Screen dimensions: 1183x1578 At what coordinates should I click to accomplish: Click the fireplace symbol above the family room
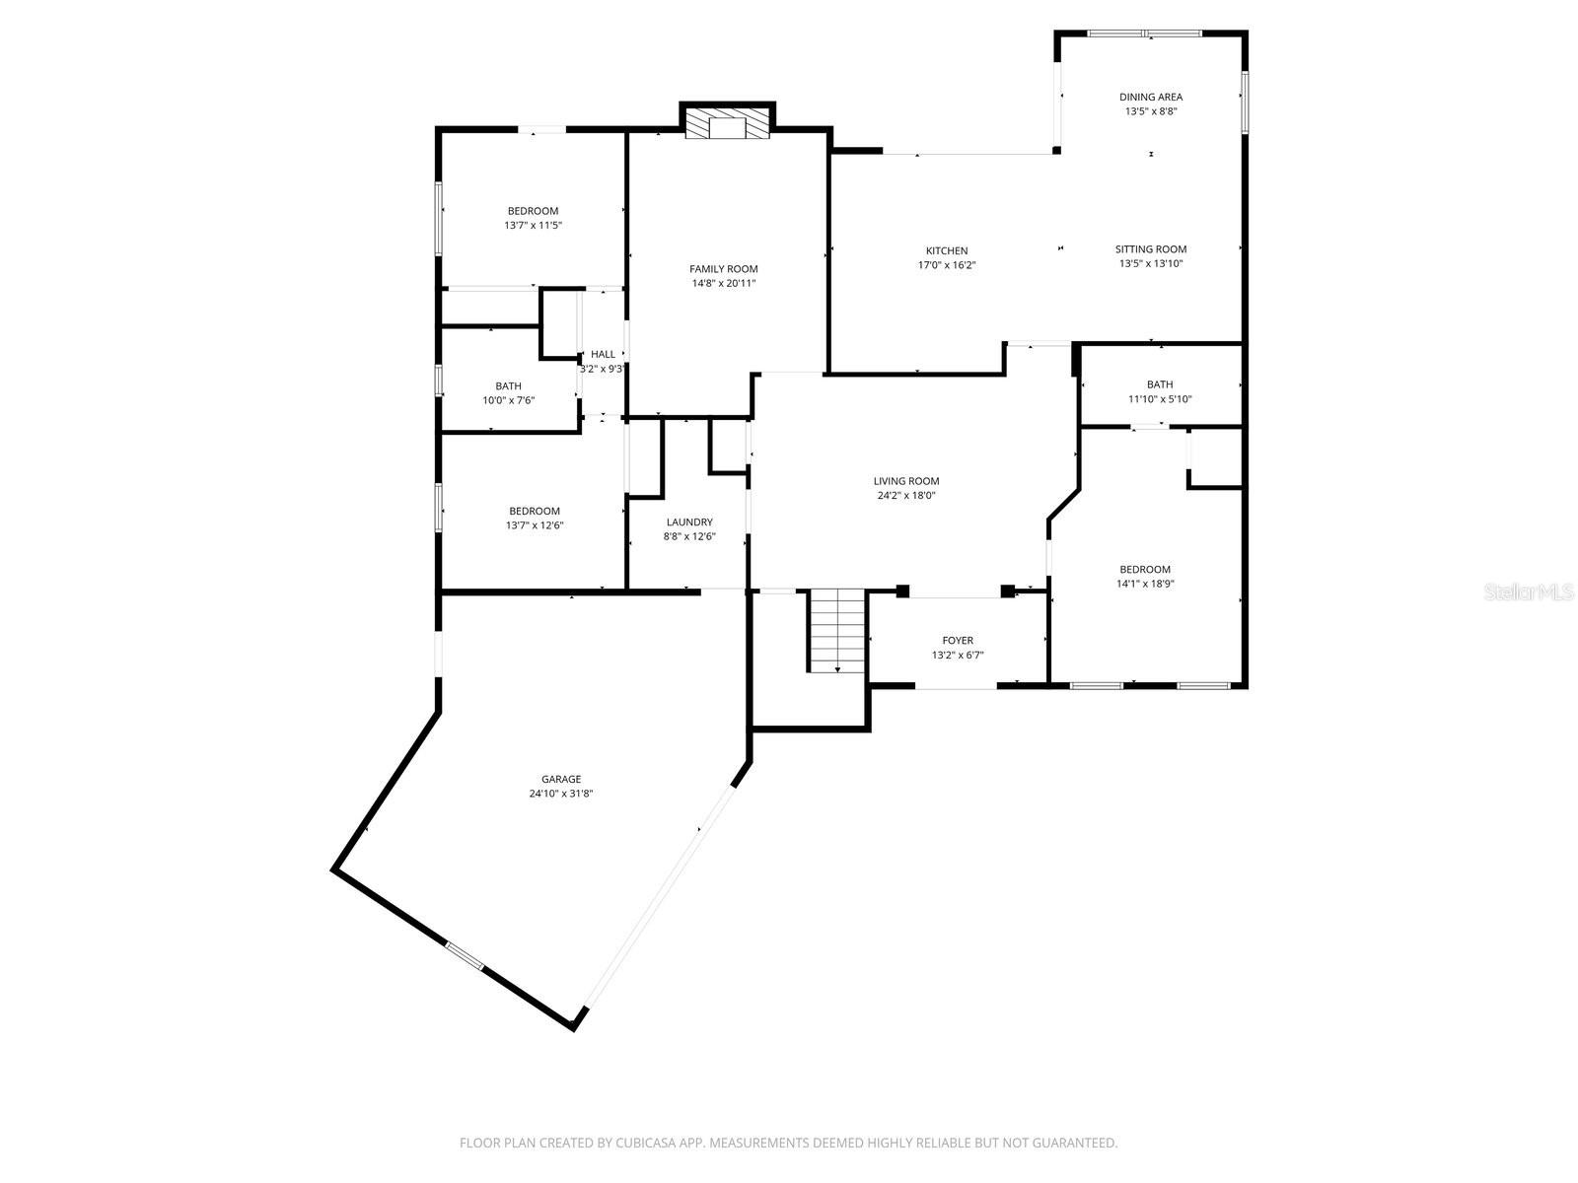[728, 124]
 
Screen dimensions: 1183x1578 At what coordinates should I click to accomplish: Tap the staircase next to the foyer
[837, 631]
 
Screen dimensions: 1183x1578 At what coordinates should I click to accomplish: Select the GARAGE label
[560, 779]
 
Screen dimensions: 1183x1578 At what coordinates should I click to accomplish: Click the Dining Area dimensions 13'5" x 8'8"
[1151, 111]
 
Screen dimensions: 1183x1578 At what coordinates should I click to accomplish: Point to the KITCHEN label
[946, 250]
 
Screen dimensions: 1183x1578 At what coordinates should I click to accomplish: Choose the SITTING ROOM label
[1151, 249]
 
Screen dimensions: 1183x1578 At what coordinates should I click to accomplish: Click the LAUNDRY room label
[688, 522]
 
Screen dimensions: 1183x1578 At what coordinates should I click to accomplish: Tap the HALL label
[603, 354]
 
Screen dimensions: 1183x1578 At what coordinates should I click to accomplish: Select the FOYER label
[957, 641]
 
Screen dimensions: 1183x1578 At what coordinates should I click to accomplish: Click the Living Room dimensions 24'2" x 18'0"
[905, 496]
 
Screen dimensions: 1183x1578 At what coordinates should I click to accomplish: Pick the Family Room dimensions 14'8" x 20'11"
[723, 284]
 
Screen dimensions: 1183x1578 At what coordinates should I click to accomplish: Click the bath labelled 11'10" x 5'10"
[1160, 391]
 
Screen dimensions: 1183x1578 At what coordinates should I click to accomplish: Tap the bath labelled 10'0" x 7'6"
[508, 393]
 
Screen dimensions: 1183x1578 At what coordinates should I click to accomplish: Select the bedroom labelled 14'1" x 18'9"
[1144, 576]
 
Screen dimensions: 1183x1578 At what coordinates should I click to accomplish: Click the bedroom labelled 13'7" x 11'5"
[533, 218]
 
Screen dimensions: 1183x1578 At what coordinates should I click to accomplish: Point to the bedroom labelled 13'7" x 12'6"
[534, 518]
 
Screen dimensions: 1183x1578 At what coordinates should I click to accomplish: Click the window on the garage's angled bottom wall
[465, 956]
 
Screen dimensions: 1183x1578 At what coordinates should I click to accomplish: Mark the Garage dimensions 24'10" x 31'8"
[560, 794]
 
